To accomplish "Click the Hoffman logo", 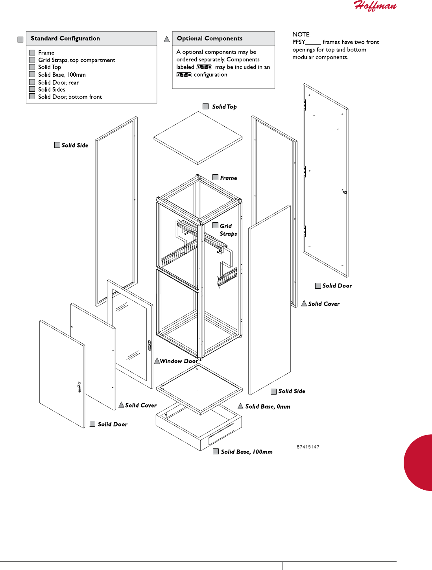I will pyautogui.click(x=375, y=6).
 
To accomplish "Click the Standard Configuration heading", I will pyautogui.click(x=65, y=39).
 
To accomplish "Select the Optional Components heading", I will pyautogui.click(x=209, y=39).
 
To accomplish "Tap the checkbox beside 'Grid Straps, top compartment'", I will pyautogui.click(x=32, y=60).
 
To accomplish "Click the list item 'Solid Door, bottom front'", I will pyautogui.click(x=70, y=97).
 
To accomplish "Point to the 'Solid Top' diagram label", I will pyautogui.click(x=224, y=107).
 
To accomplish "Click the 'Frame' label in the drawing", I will pyautogui.click(x=228, y=178).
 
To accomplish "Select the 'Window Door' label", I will pyautogui.click(x=179, y=361).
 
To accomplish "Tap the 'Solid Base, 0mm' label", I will pyautogui.click(x=268, y=407).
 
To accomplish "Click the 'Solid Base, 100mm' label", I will pyautogui.click(x=247, y=452).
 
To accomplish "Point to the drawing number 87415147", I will pyautogui.click(x=308, y=447).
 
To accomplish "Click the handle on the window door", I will pyautogui.click(x=150, y=345).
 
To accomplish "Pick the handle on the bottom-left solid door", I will pyautogui.click(x=79, y=387).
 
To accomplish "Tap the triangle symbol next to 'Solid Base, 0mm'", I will pyautogui.click(x=240, y=406).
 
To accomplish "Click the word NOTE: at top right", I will pyautogui.click(x=301, y=35).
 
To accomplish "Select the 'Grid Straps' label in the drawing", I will pyautogui.click(x=228, y=230).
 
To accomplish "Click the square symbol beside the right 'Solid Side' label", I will pyautogui.click(x=274, y=391).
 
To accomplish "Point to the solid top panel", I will pyautogui.click(x=198, y=138).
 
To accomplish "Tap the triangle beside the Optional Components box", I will pyautogui.click(x=167, y=39).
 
